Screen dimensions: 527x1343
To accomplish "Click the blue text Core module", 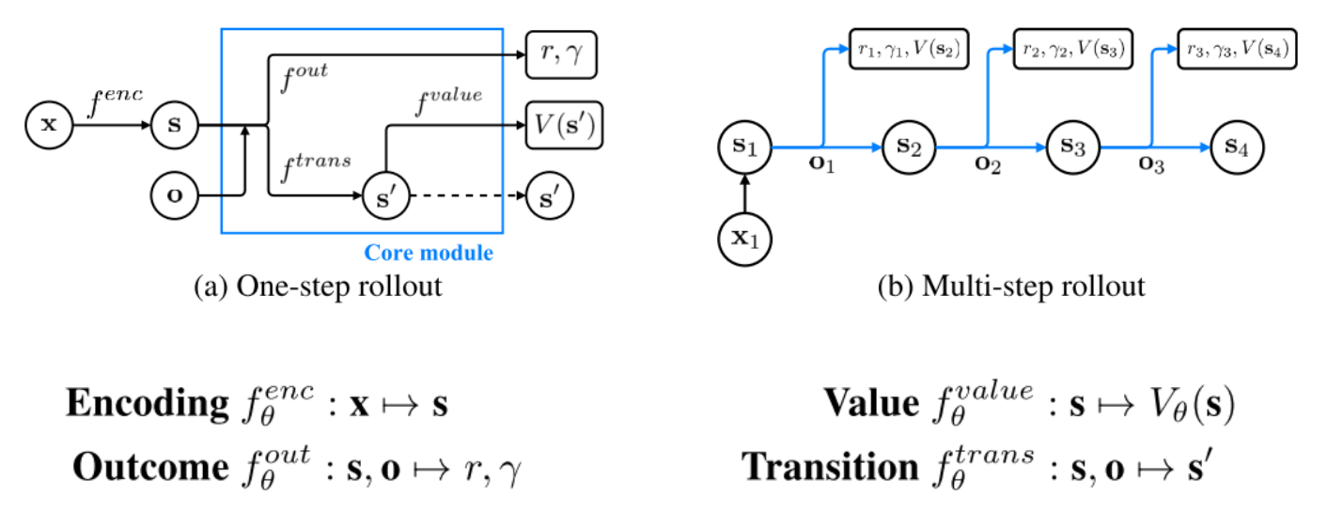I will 429,253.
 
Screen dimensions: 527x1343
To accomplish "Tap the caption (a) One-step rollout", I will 318,286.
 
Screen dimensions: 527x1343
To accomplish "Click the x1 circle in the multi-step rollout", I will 745,238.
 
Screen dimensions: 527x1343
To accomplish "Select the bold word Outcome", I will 150,467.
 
